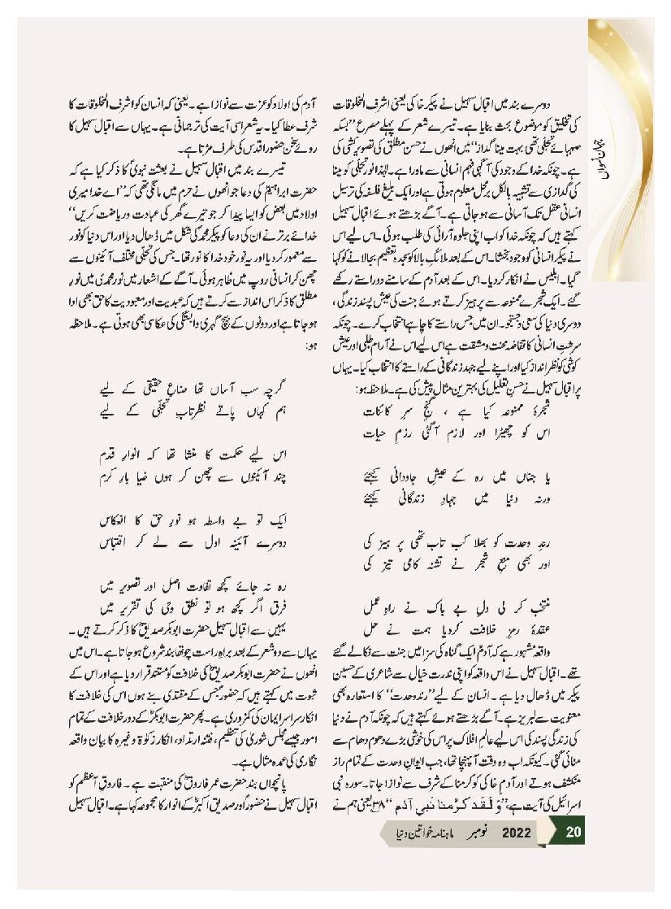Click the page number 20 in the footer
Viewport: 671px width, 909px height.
tap(573, 833)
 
